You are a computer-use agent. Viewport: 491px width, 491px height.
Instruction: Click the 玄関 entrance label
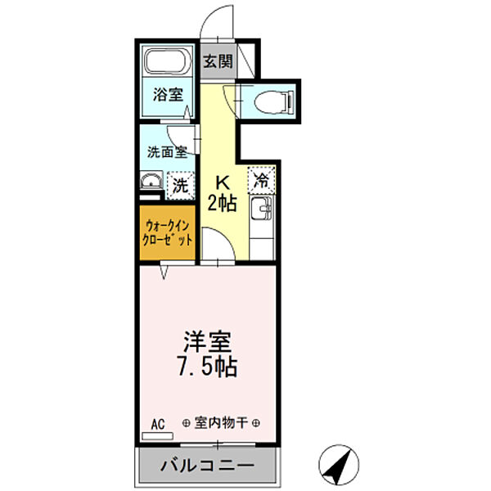tap(217, 62)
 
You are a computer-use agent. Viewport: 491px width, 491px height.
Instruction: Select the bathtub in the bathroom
tap(167, 63)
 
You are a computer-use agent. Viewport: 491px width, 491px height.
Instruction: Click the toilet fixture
tap(271, 102)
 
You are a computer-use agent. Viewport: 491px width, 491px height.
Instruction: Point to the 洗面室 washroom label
tap(167, 151)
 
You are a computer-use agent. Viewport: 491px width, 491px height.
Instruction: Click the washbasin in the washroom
tap(149, 182)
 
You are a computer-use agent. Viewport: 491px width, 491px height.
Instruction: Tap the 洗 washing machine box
tap(179, 185)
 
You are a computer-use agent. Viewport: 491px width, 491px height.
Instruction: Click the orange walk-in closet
tap(168, 234)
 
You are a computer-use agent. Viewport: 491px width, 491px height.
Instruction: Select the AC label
tap(159, 423)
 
